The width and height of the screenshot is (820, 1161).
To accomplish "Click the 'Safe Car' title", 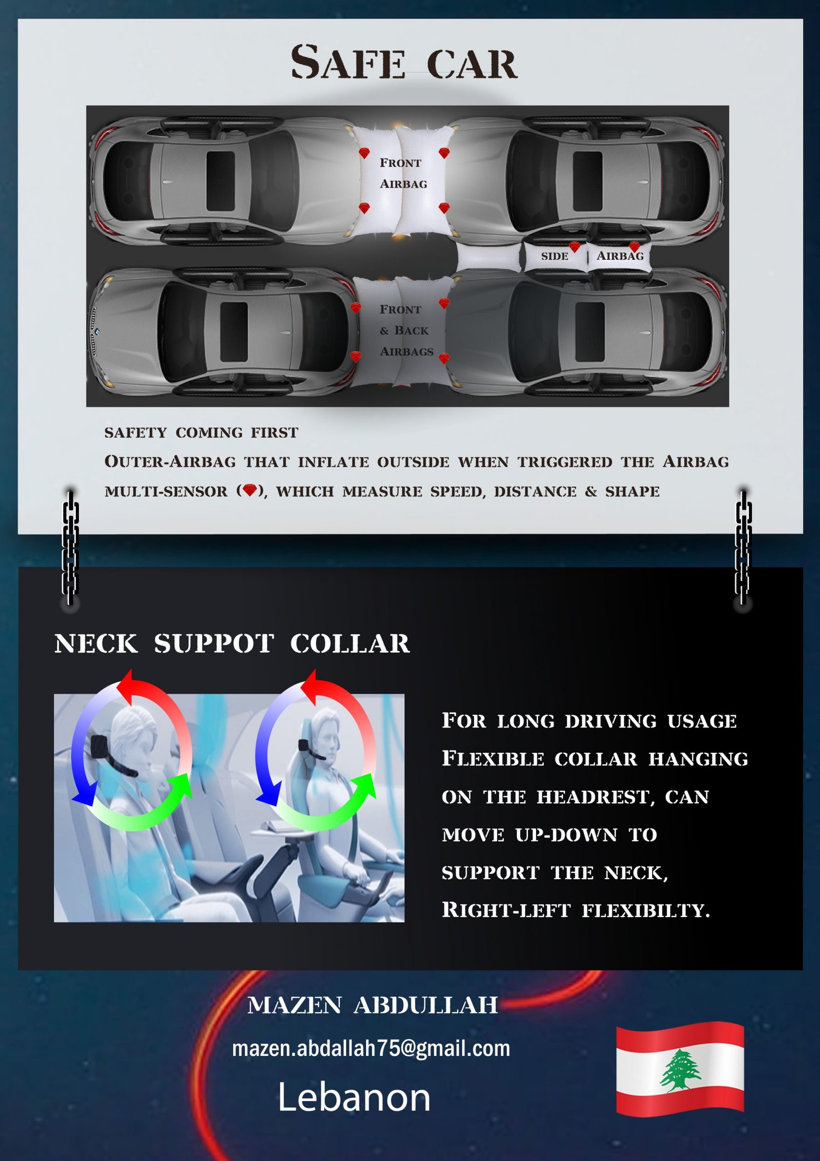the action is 404,63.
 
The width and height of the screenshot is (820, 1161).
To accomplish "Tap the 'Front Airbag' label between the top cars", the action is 403,173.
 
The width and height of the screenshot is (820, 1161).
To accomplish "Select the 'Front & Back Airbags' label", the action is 406,331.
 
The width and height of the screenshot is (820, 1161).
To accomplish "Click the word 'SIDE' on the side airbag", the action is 555,256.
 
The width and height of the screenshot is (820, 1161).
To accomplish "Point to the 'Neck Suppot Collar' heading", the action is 232,644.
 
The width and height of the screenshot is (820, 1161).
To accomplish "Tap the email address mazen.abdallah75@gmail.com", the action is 371,1048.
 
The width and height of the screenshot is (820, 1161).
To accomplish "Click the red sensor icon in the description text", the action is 250,491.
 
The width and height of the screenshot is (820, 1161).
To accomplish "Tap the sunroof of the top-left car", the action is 220,180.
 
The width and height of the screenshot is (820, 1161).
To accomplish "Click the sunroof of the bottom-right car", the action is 590,332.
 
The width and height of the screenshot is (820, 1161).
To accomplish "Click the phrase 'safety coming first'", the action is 201,433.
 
